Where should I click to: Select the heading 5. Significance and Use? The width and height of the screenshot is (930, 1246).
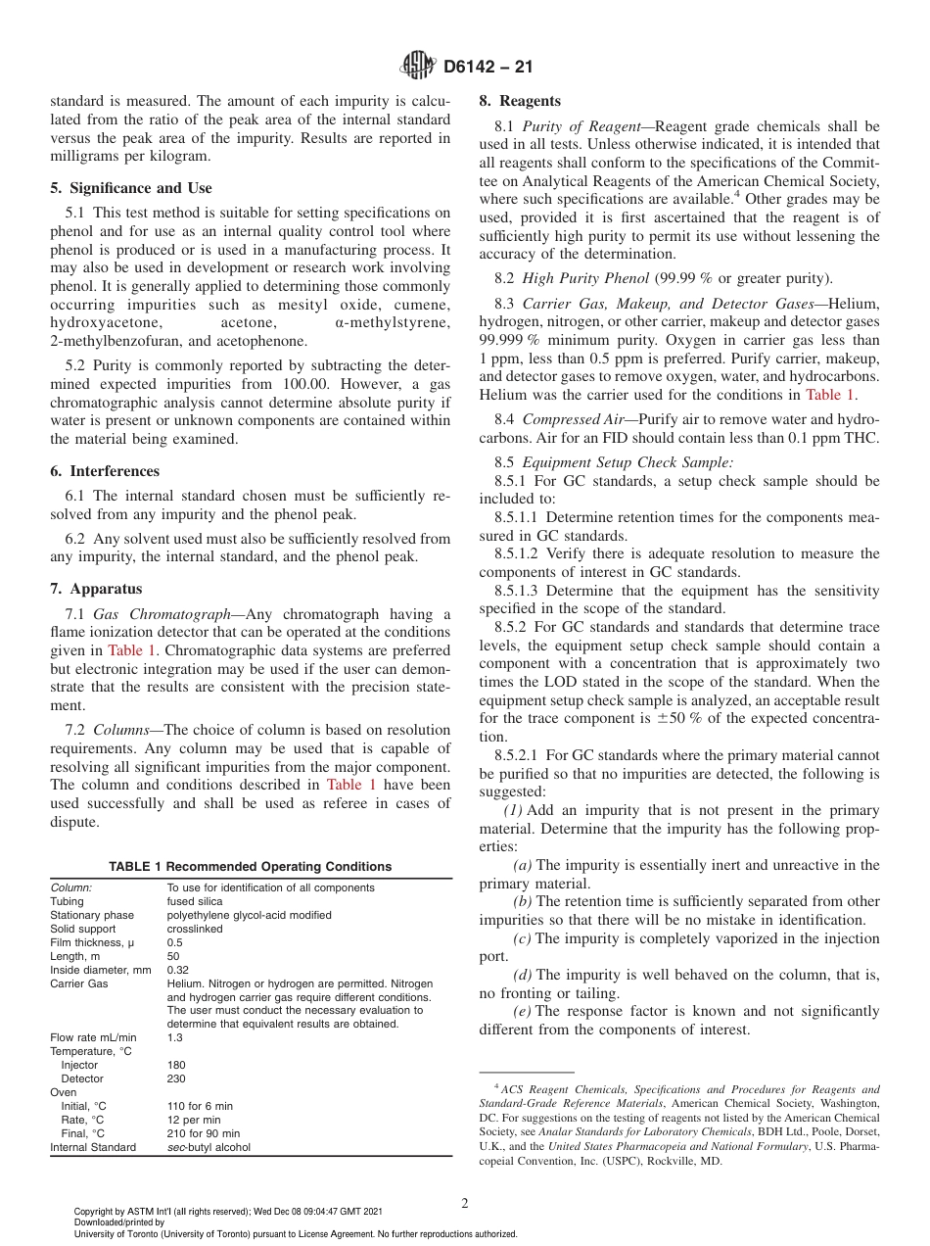131,188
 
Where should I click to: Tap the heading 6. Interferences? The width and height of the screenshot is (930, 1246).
105,471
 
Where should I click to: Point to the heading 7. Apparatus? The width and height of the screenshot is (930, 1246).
96,589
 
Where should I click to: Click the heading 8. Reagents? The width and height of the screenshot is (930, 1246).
519,101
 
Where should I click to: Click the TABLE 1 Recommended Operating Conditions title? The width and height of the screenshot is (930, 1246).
250,866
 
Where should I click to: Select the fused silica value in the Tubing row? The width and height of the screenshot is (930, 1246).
195,901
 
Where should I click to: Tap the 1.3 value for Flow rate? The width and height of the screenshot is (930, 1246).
174,1037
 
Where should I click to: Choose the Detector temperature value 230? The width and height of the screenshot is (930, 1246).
176,1078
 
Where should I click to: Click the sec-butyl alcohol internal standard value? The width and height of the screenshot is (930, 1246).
209,1147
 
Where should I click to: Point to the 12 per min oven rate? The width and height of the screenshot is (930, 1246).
194,1120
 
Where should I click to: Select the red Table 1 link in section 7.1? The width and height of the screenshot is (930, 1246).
130,649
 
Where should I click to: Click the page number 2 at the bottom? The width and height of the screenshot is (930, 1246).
465,1204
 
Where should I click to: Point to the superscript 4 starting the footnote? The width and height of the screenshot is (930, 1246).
496,1086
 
